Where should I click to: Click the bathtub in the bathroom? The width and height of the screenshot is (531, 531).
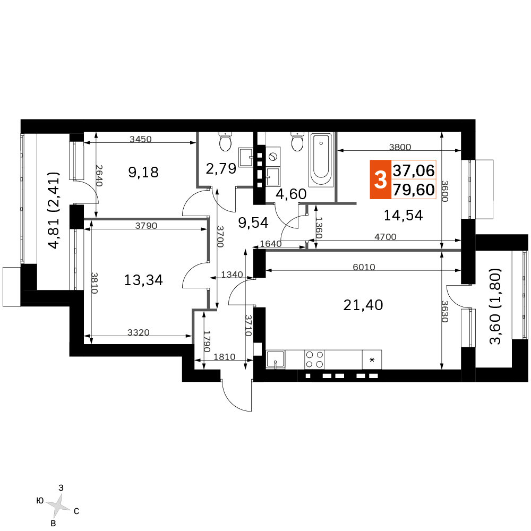[x=321, y=159]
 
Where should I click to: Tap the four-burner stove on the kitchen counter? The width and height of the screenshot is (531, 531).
[x=314, y=359]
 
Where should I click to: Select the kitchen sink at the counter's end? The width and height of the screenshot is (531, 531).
[x=275, y=359]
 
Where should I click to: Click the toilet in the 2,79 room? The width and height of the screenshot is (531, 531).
[x=225, y=142]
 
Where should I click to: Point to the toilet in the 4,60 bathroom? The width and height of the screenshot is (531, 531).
[x=297, y=142]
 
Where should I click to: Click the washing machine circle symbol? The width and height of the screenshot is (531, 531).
[x=272, y=157]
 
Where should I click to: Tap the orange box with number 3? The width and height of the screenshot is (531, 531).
[x=380, y=179]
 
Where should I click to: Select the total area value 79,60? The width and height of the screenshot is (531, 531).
[x=414, y=190]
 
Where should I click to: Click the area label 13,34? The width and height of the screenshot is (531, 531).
[x=143, y=280]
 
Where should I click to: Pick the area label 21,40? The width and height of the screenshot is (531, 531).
[x=363, y=305]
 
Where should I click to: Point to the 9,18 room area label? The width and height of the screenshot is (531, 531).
[x=143, y=173]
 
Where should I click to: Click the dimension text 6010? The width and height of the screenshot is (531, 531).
[x=364, y=267]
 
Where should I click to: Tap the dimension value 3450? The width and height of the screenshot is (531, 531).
[x=141, y=139]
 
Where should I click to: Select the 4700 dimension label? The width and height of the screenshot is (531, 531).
[x=386, y=237]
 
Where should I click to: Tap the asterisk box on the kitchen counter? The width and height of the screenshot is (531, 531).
[x=372, y=359]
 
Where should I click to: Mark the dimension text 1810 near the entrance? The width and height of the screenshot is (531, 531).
[x=225, y=357]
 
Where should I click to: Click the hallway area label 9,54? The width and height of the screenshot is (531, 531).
[x=253, y=223]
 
